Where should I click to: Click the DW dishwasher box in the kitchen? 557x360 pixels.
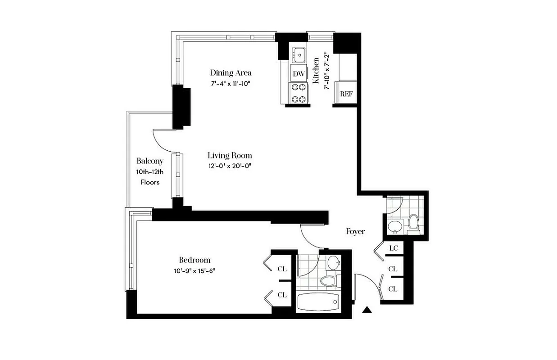(x=298, y=73)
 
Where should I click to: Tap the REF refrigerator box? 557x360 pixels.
(x=346, y=94)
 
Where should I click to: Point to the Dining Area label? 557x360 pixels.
(x=231, y=73)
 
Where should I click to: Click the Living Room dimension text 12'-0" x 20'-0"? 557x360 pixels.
(x=229, y=166)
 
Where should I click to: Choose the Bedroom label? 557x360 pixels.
(x=195, y=260)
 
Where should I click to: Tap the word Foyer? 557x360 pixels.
(x=355, y=231)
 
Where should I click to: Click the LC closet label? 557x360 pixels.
(x=393, y=248)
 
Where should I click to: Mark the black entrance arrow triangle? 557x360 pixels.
(x=368, y=309)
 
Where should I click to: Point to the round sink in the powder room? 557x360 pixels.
(x=395, y=226)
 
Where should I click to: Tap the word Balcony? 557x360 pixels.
(x=150, y=161)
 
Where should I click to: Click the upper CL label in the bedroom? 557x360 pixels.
(x=282, y=269)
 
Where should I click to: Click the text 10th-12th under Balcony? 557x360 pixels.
(x=150, y=172)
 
